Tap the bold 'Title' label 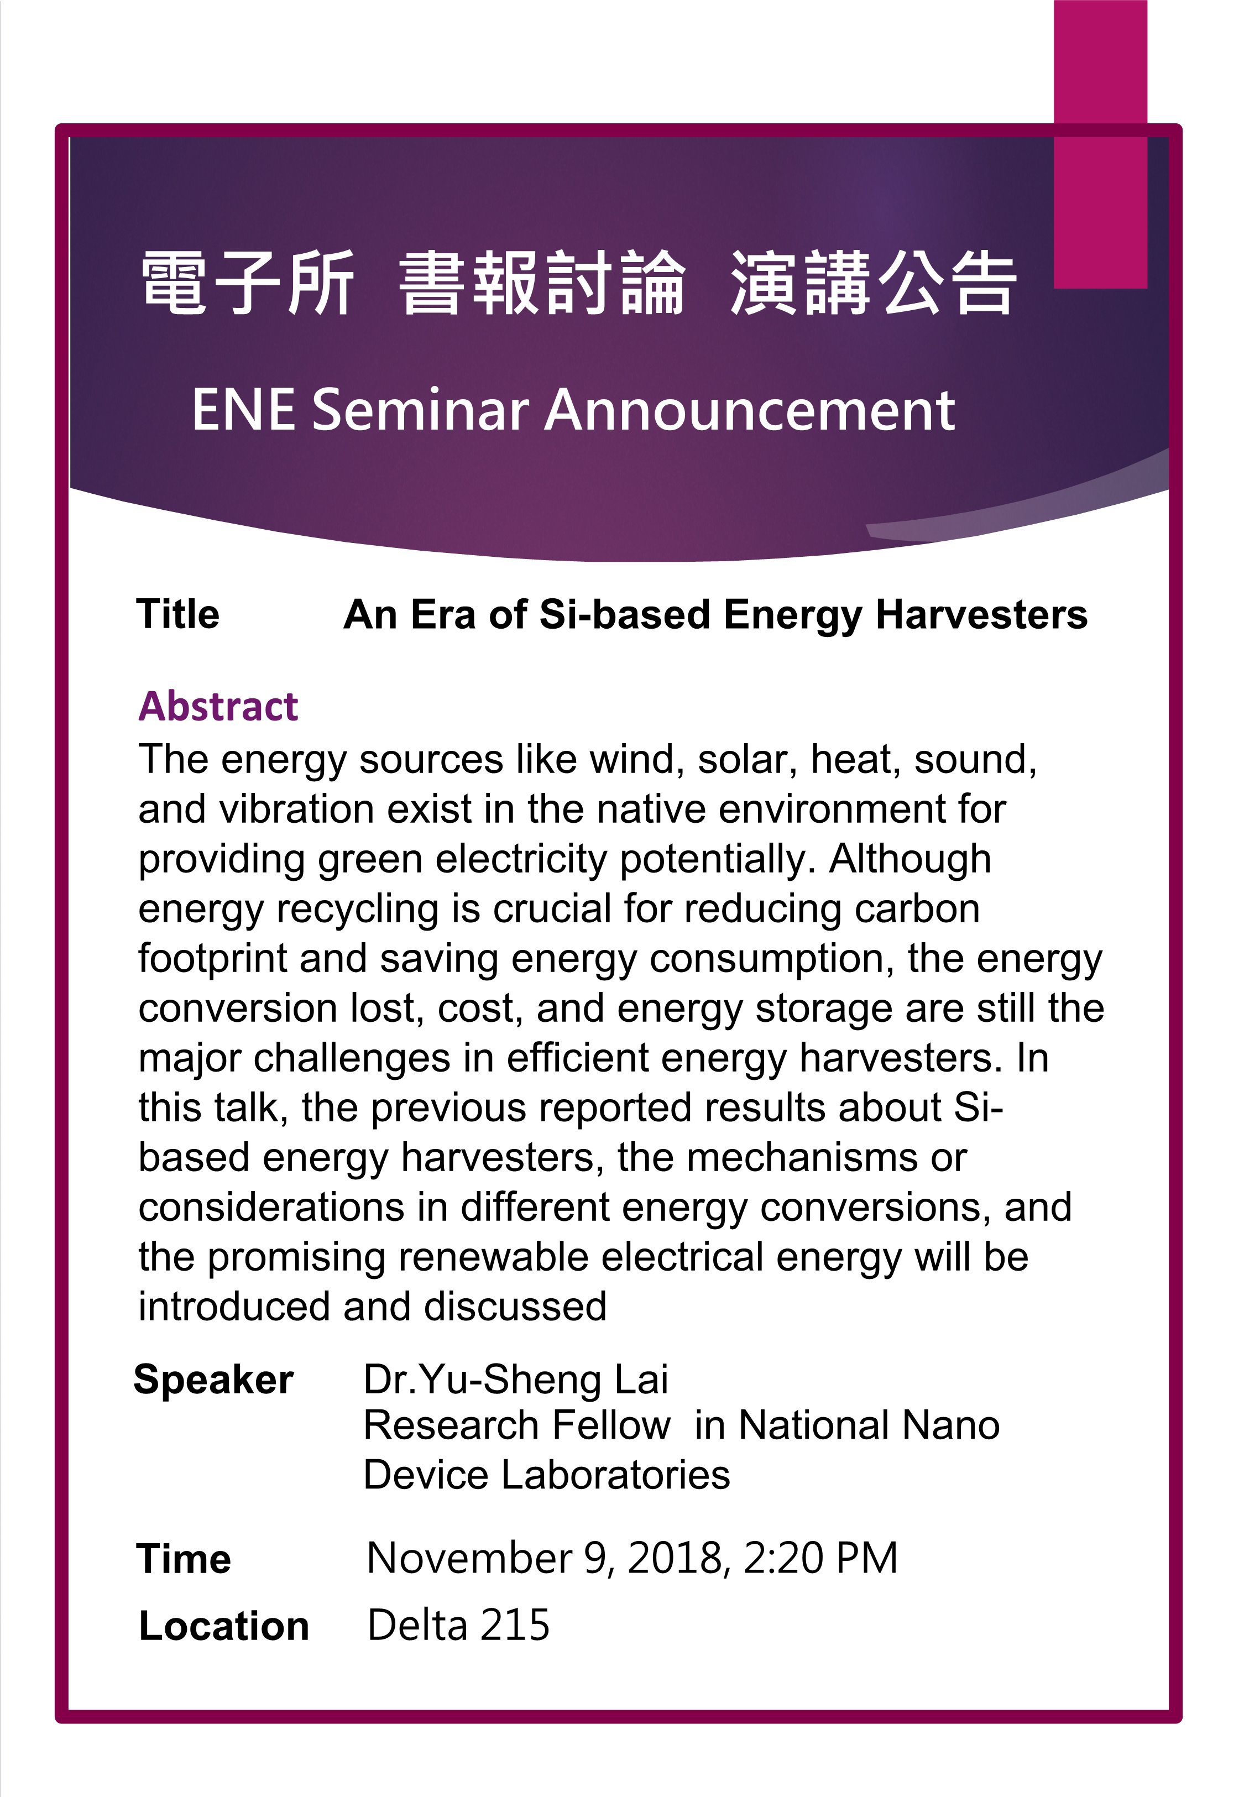point(179,614)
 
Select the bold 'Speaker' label point(213,1380)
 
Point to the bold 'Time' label point(184,1559)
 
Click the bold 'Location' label point(224,1626)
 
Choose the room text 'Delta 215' point(458,1626)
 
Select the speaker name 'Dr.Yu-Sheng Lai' point(516,1380)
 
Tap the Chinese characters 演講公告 point(873,283)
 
